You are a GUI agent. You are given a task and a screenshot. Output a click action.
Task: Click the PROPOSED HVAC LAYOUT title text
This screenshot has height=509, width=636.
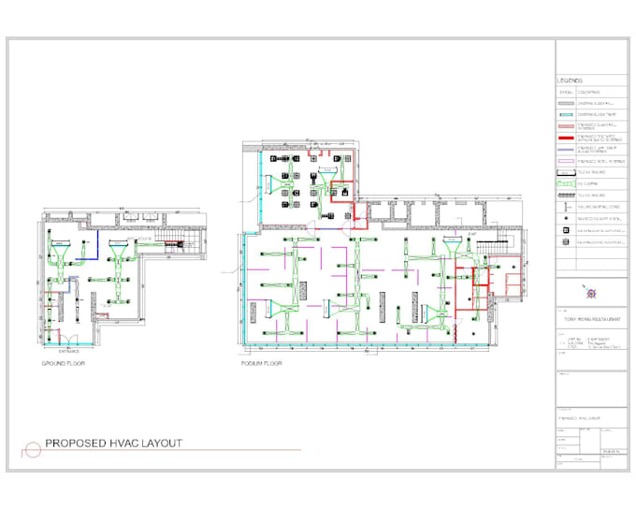click(114, 443)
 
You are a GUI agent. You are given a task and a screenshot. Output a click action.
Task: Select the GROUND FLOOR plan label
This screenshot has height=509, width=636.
click(63, 362)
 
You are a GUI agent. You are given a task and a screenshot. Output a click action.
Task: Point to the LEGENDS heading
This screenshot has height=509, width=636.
click(571, 80)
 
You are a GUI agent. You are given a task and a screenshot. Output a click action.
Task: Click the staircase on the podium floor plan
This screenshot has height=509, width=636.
click(490, 245)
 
